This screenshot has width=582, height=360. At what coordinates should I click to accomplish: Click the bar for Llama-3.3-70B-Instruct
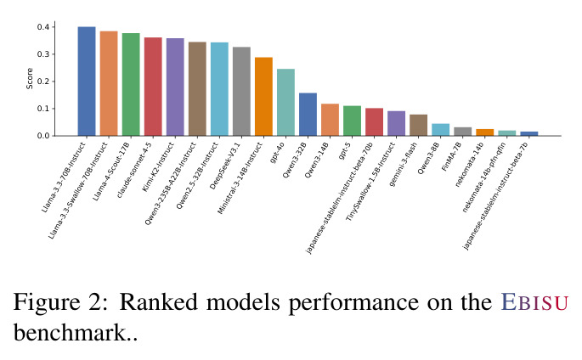tap(87, 82)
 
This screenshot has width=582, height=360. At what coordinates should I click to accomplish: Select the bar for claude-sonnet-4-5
tap(153, 87)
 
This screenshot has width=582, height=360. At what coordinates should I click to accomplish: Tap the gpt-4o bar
tap(285, 103)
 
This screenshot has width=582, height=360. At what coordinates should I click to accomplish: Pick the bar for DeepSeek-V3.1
tap(241, 91)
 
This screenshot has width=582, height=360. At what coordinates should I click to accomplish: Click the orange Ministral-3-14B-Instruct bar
tap(263, 97)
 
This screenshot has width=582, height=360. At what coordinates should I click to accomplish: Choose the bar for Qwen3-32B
tap(308, 114)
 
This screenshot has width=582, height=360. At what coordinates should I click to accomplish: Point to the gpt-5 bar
tap(352, 121)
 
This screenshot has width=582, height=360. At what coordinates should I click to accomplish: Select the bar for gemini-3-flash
tap(418, 125)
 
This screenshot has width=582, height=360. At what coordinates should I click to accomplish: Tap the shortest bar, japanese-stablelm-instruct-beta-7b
tap(529, 133)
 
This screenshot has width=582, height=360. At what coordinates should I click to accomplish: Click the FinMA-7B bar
tap(462, 132)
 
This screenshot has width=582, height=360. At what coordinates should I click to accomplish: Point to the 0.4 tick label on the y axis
tap(43, 26)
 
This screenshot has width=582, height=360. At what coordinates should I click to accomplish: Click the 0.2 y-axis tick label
tap(43, 82)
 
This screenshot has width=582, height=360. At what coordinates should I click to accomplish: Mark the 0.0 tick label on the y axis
tap(43, 136)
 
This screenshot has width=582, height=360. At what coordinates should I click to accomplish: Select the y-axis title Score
tap(30, 78)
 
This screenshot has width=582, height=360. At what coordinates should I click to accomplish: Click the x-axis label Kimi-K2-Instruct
tap(158, 166)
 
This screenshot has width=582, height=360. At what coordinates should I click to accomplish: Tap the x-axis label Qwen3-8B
tap(429, 158)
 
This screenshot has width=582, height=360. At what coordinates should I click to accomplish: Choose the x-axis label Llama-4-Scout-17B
tap(111, 172)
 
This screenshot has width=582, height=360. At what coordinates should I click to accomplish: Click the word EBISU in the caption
tap(535, 302)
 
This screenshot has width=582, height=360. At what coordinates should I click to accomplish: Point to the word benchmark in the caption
tap(71, 333)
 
